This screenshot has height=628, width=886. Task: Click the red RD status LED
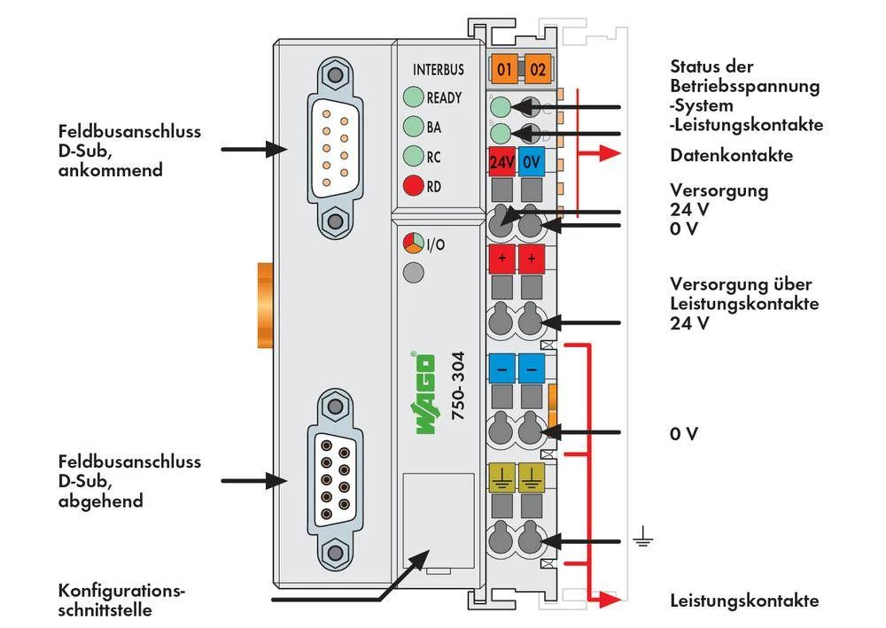[x=413, y=186]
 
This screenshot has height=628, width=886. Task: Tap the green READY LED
[x=413, y=97]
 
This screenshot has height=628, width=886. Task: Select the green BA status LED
[x=413, y=127]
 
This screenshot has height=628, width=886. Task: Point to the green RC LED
[x=413, y=156]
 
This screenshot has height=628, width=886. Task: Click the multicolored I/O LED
[x=413, y=243]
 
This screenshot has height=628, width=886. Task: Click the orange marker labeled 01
[x=504, y=69]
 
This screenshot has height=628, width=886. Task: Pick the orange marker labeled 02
[x=537, y=69]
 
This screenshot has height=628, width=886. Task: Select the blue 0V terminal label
[x=531, y=163]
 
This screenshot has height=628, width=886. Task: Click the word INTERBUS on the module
[x=438, y=69]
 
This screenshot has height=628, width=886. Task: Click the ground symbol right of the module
[x=641, y=538]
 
